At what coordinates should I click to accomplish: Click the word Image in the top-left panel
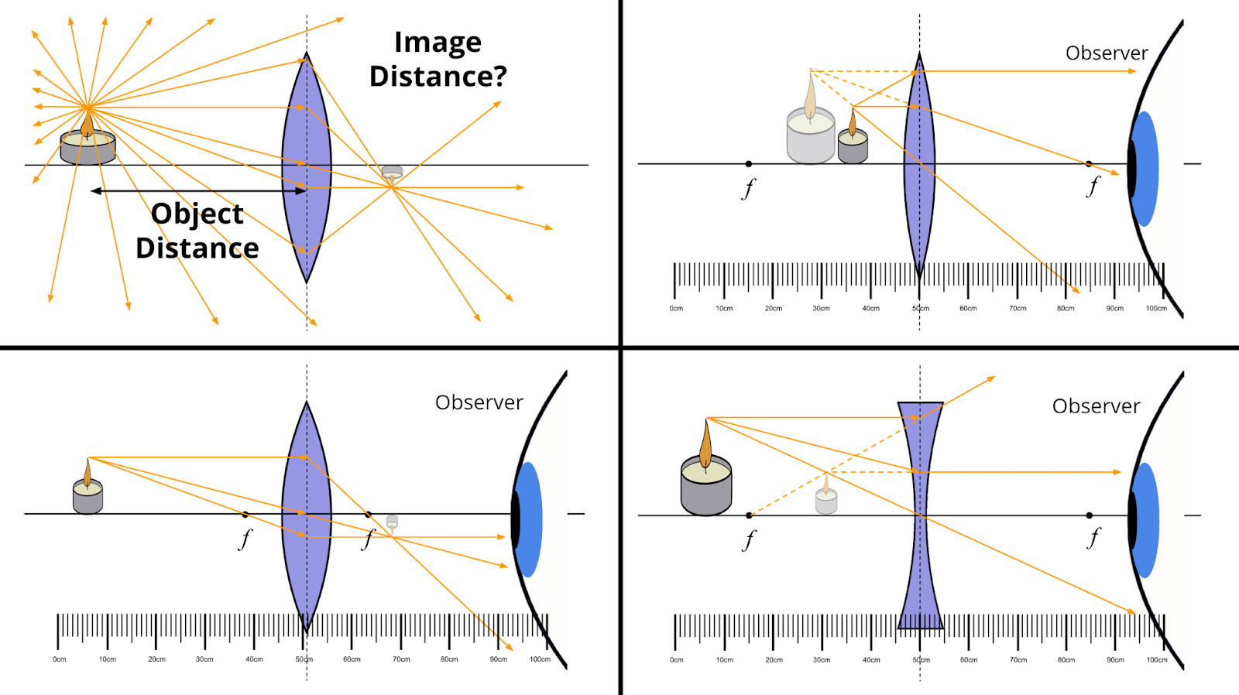(438, 43)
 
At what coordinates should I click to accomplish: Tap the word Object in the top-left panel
(197, 214)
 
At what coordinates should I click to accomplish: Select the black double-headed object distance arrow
(197, 190)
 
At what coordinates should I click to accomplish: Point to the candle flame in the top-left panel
(87, 123)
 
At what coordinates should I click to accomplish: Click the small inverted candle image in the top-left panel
(392, 173)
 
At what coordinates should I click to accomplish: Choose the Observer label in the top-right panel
(1106, 53)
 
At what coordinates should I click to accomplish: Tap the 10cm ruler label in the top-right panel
(724, 309)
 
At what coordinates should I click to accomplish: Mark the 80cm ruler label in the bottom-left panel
(449, 659)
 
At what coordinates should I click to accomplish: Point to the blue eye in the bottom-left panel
(529, 519)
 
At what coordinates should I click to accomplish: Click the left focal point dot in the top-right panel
(748, 164)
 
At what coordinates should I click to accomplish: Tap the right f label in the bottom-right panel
(1093, 537)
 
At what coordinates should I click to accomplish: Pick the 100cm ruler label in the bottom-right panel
(1156, 660)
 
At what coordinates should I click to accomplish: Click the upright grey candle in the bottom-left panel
(88, 492)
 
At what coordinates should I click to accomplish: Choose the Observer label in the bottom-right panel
(1096, 406)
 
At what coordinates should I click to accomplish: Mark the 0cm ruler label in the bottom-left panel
(60, 659)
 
